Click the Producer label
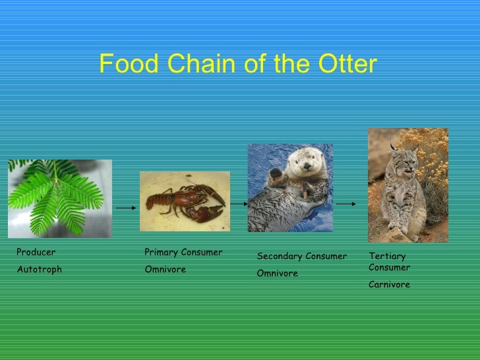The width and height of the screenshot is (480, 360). click(36, 253)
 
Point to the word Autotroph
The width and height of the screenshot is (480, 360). click(39, 270)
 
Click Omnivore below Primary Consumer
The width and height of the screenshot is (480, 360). click(165, 270)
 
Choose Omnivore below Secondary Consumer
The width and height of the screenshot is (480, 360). click(277, 274)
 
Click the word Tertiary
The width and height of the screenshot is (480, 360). click(387, 256)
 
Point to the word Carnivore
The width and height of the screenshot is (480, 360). click(389, 285)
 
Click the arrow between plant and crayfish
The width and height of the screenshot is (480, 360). click(125, 207)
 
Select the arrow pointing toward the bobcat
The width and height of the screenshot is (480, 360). click(347, 204)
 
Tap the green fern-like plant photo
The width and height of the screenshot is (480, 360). click(59, 198)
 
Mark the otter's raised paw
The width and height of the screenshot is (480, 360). click(275, 176)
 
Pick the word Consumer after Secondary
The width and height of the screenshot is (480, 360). click(325, 256)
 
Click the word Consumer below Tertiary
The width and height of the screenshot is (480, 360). click(389, 268)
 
